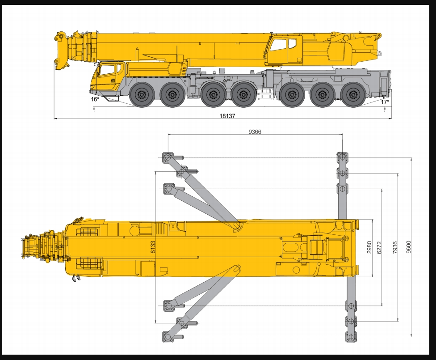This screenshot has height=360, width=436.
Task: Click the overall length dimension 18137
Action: click(x=227, y=116)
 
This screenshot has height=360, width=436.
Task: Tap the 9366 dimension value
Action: click(x=255, y=131)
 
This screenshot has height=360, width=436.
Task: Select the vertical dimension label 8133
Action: click(x=153, y=247)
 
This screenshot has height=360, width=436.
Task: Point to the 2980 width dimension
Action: click(x=369, y=247)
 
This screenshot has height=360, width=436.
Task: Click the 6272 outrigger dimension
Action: click(x=379, y=247)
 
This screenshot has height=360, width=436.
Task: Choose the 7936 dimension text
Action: click(x=395, y=247)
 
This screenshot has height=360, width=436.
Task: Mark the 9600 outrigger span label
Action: click(x=408, y=247)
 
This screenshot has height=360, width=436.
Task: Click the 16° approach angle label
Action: click(x=95, y=99)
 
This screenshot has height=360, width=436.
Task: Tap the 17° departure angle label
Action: click(x=385, y=102)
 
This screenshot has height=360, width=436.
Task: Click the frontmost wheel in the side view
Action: click(x=142, y=95)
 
